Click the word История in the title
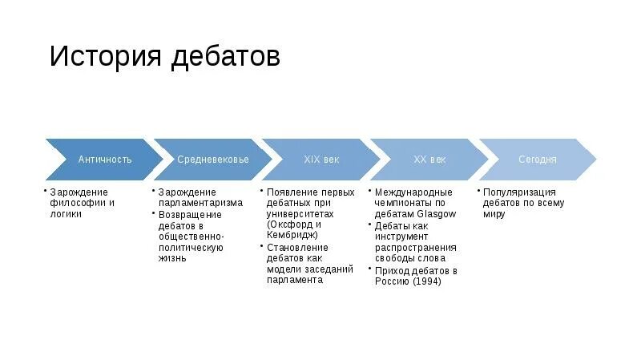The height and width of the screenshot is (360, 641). point(105,57)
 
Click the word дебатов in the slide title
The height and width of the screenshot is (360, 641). point(224,57)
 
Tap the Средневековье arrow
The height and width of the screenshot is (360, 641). point(212,159)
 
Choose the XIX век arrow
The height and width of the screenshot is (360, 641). point(321,159)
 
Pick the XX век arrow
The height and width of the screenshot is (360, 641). point(429,159)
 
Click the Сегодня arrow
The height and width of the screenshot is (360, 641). point(537,159)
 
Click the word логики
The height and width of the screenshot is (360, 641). point(66,214)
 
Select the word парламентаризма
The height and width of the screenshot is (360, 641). point(200,203)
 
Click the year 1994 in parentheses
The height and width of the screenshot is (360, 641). point(427,281)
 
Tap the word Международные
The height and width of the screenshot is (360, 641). point(414,192)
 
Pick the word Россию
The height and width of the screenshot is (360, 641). point(392,281)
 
